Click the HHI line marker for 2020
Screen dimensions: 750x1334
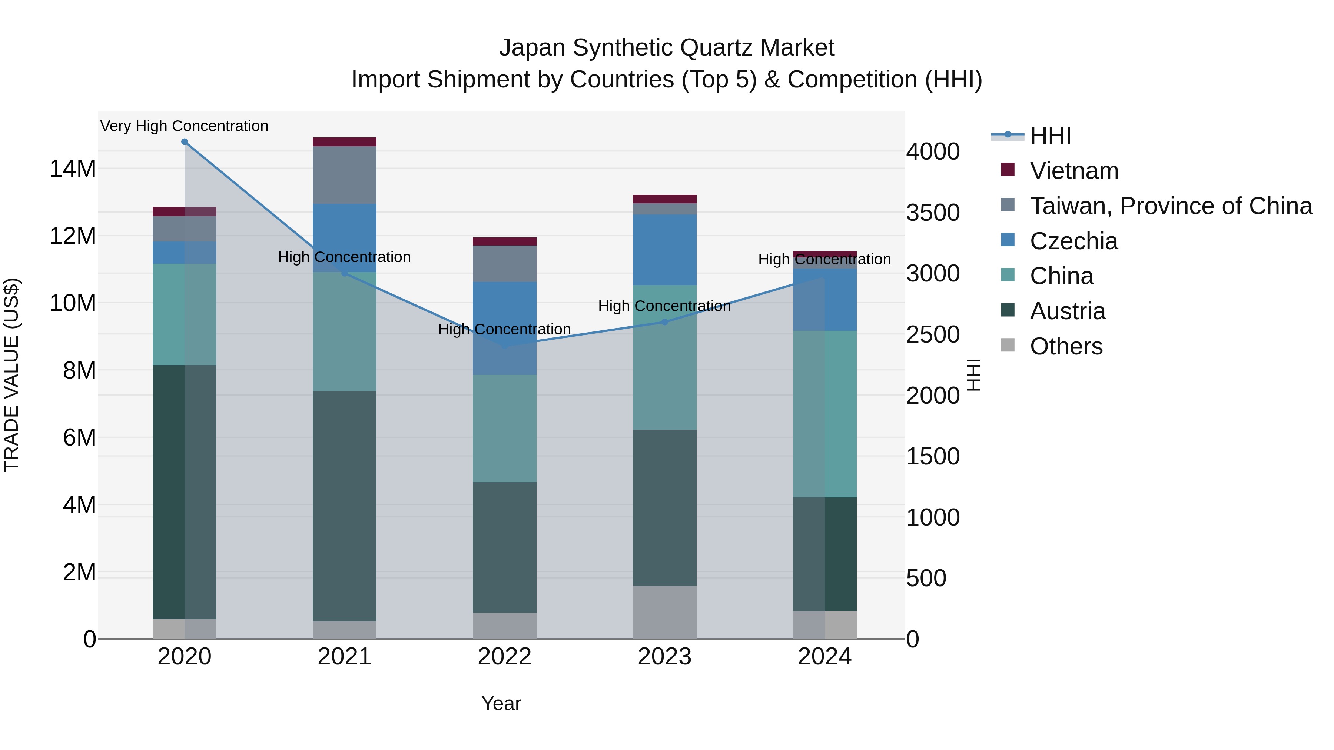185,142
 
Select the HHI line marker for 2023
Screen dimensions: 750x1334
664,322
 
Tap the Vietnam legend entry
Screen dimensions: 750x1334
1073,171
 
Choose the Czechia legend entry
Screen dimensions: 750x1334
1073,241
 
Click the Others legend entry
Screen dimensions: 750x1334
1066,346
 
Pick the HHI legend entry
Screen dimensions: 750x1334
1050,136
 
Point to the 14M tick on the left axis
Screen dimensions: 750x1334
73,169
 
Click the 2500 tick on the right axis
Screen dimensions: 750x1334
933,335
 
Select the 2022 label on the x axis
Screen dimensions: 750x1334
504,657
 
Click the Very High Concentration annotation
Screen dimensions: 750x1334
185,126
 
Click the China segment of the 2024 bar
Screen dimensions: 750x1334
824,414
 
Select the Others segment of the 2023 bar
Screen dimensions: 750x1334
664,612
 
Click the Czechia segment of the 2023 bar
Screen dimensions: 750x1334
664,250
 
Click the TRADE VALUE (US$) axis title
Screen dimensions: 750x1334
11,375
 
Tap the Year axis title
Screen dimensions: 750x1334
501,703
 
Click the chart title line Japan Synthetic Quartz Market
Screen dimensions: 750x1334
667,48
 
